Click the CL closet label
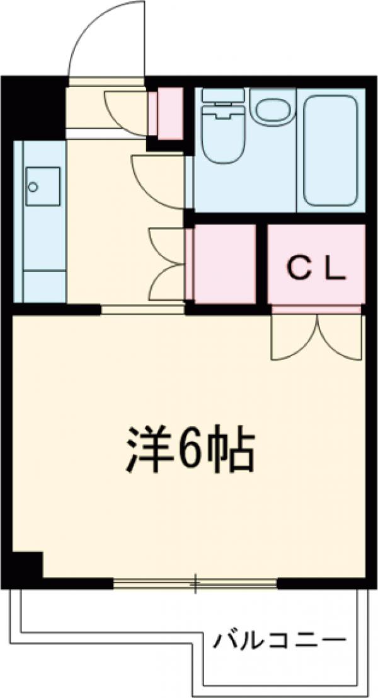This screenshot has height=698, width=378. [317, 270]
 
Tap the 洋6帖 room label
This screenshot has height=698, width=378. [188, 450]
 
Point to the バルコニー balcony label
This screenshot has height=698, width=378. [279, 642]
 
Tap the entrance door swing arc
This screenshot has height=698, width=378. [101, 44]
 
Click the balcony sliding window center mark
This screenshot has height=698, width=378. [195, 585]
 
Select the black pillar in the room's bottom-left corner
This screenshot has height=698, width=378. [26, 565]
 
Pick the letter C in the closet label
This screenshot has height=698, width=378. [299, 270]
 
